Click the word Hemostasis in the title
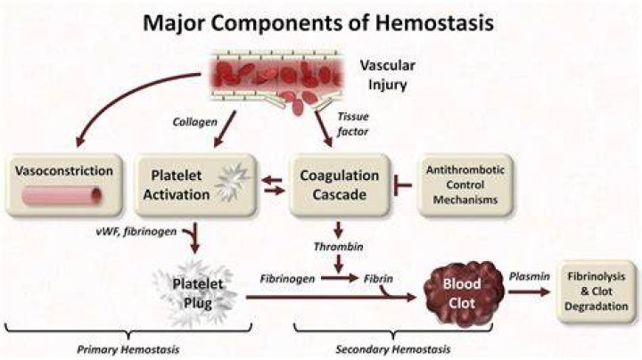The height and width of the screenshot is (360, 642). click(x=434, y=22)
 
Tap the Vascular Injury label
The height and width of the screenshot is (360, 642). click(x=387, y=75)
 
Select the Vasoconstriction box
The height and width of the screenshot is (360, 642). click(x=64, y=184)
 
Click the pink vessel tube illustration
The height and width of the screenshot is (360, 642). click(x=62, y=195)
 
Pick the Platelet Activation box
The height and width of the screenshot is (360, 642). click(x=195, y=184)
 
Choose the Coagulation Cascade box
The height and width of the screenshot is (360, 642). click(x=339, y=184)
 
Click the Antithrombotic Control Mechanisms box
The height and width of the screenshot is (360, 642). click(x=465, y=184)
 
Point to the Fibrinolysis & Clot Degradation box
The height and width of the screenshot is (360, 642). click(x=596, y=291)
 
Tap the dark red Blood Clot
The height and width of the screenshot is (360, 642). click(x=463, y=293)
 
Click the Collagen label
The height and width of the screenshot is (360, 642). click(x=195, y=122)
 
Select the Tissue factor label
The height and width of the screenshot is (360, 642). click(x=352, y=124)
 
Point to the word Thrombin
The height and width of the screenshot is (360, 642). click(x=339, y=247)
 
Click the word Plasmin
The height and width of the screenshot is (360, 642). click(x=530, y=276)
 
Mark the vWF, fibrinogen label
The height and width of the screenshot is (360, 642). click(x=136, y=232)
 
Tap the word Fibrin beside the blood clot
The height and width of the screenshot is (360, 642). click(x=378, y=279)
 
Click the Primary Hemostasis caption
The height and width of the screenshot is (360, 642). click(x=128, y=350)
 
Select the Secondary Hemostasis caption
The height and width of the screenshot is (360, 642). click(x=393, y=349)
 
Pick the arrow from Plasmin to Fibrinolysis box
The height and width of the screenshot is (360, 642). click(x=530, y=291)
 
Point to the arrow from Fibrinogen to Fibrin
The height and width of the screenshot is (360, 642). click(x=340, y=279)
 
